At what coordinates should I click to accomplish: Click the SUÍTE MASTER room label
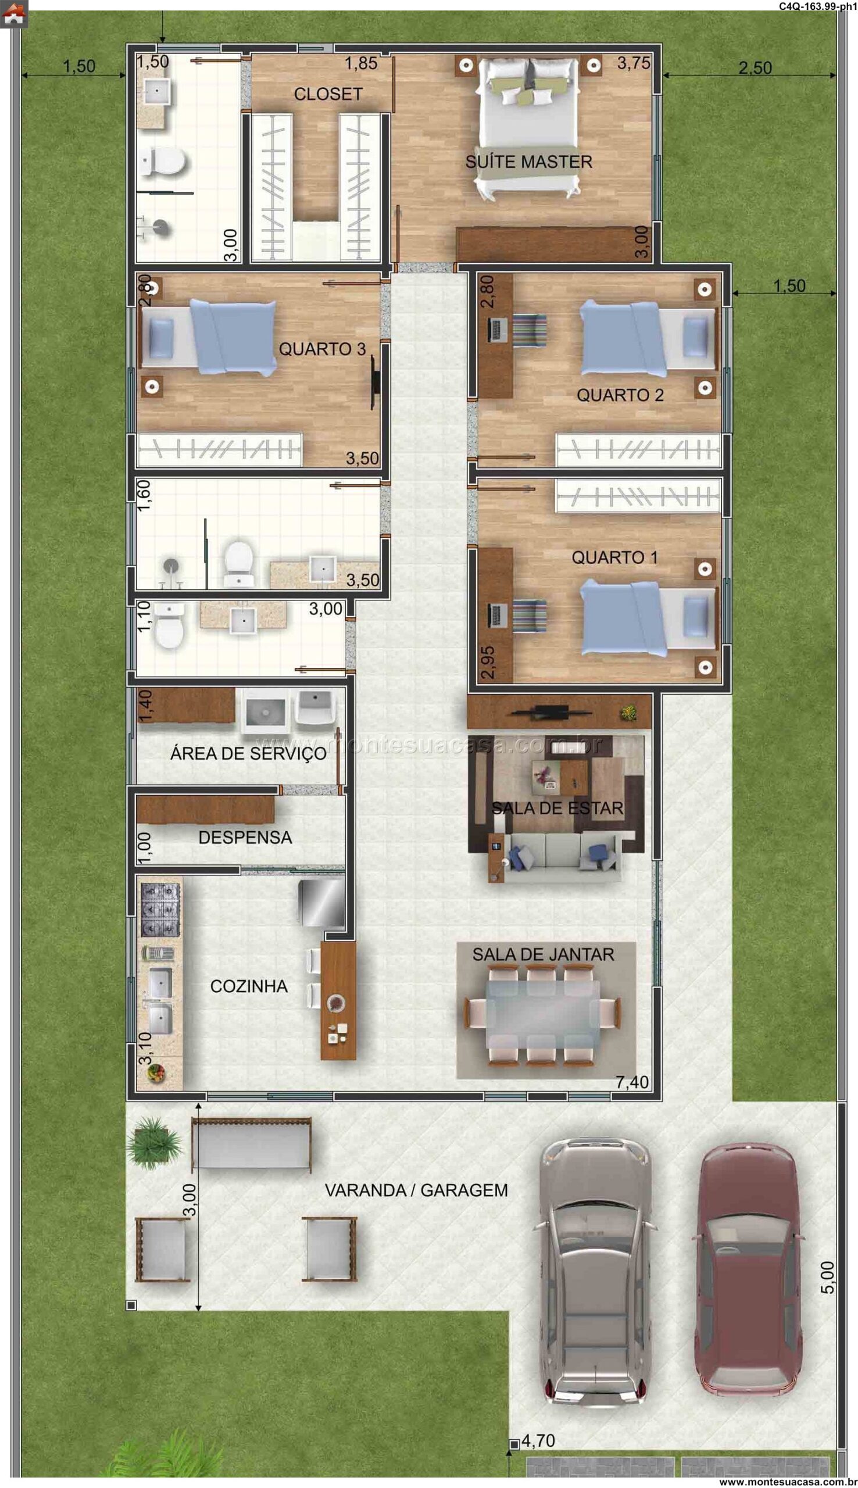coord(528,162)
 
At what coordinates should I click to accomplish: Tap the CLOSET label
coord(328,94)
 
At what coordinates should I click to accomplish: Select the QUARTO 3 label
coord(323,349)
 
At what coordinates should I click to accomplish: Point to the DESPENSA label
coord(245,837)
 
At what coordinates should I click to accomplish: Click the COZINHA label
coord(249,986)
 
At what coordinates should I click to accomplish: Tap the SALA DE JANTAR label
coord(544,954)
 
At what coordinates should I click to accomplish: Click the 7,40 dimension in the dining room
coord(632,1082)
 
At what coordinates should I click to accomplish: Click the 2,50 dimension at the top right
coord(755,68)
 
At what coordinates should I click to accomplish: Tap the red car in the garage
coord(746,1269)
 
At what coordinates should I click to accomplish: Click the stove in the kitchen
coord(160,910)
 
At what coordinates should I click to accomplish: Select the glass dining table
coord(543,1014)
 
